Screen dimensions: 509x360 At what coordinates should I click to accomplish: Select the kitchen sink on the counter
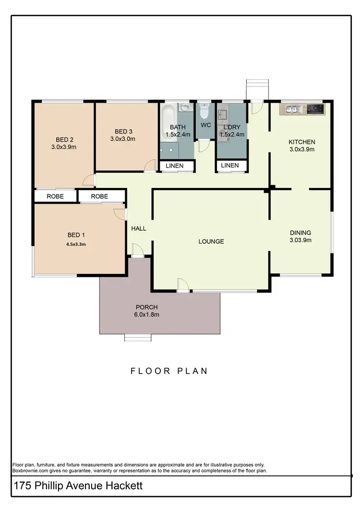292,109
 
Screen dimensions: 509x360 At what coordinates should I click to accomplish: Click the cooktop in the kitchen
315,109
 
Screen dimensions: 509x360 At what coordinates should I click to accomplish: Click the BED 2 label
63,140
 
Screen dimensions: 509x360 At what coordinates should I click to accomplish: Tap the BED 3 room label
123,131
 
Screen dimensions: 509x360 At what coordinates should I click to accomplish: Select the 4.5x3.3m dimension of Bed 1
76,244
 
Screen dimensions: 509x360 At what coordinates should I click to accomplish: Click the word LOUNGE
211,241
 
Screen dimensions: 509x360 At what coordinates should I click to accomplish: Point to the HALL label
139,228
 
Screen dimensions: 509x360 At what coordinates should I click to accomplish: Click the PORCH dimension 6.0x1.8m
147,315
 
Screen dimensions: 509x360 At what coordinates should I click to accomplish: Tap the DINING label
300,233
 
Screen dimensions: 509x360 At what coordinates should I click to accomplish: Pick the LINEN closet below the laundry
230,166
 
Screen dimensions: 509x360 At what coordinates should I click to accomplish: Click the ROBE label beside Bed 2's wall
56,196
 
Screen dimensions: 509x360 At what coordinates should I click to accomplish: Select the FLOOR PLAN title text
169,371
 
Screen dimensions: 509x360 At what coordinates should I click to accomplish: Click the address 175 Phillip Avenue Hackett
78,486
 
